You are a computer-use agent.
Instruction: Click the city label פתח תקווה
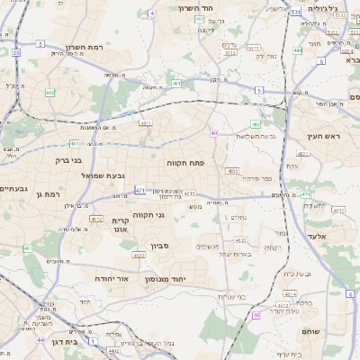[x=187, y=165]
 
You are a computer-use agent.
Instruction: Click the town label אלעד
[x=319, y=236]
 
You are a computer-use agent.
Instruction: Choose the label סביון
[x=161, y=245]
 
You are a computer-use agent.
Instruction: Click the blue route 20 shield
[x=16, y=52]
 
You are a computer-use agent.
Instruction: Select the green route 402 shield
[x=50, y=93]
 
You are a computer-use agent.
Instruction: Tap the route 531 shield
[x=296, y=13]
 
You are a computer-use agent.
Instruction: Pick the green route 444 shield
[x=297, y=51]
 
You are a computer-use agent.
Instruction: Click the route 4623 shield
[x=139, y=256]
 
